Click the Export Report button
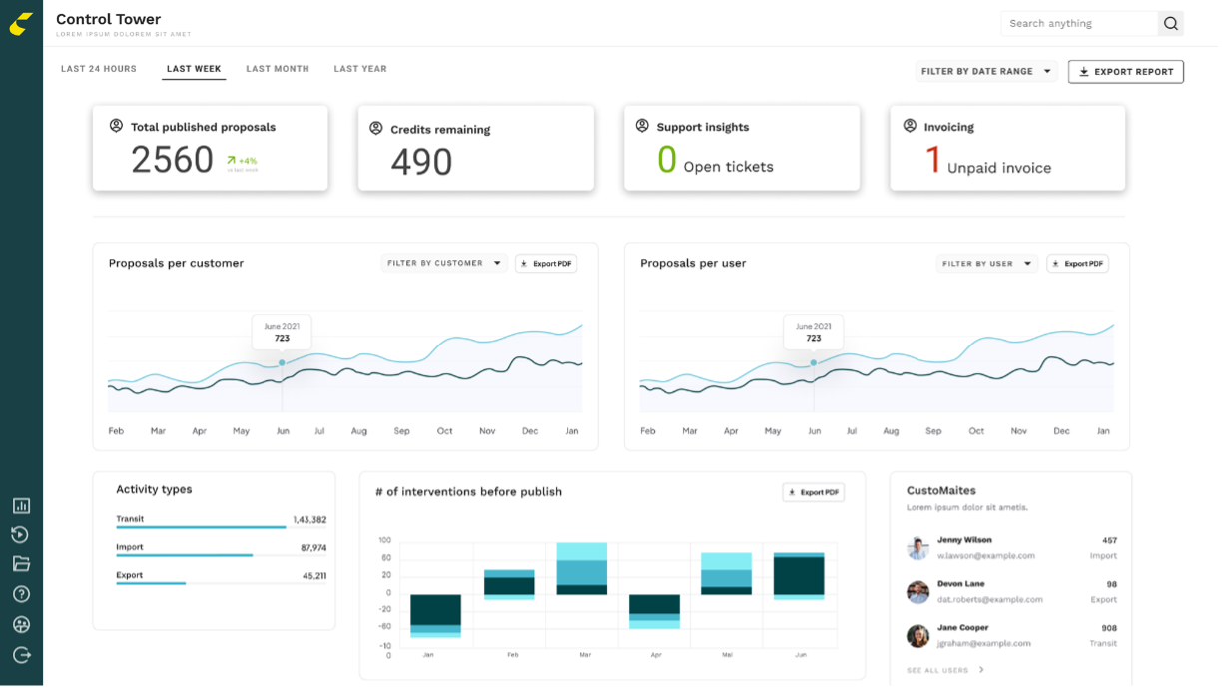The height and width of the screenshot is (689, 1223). [1125, 72]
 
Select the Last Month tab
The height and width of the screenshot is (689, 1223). [278, 69]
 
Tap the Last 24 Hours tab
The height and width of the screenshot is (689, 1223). [99, 69]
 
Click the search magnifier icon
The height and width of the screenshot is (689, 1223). [1171, 24]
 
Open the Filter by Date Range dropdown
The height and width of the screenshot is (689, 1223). [986, 72]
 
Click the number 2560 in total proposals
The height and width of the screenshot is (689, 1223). [173, 160]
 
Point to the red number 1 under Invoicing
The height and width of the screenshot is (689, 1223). [932, 161]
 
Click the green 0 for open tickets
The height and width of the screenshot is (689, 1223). [666, 160]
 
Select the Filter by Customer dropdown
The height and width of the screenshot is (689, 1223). [444, 264]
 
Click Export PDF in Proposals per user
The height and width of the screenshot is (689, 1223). [1077, 264]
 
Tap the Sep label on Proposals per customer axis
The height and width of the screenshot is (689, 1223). [401, 431]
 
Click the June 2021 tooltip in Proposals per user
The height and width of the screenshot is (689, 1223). [813, 332]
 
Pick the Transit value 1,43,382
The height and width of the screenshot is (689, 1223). [308, 520]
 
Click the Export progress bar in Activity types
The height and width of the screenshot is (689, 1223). [151, 583]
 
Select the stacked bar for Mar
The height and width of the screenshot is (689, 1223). [582, 569]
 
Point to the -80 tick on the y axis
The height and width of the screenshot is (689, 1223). [383, 627]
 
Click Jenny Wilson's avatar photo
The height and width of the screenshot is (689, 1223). [917, 548]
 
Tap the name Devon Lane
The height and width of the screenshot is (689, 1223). [960, 584]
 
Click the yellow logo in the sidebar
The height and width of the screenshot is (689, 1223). [21, 24]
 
